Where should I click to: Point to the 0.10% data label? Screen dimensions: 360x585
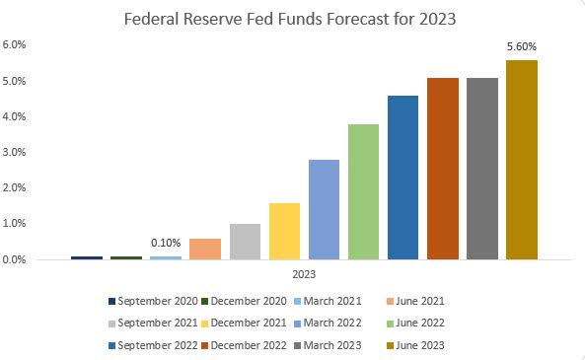(166, 244)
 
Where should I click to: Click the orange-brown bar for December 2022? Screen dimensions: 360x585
(443, 169)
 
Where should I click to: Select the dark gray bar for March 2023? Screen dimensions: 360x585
(482, 169)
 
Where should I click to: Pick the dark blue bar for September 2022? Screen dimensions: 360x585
(402, 178)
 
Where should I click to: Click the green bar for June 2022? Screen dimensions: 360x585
(363, 192)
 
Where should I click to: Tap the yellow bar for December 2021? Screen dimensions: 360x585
(284, 232)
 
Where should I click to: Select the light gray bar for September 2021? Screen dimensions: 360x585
(245, 242)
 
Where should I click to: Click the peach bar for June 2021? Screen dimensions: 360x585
(205, 249)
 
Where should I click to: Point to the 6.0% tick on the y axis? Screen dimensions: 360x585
(14, 45)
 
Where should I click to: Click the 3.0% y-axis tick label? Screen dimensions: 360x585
(14, 152)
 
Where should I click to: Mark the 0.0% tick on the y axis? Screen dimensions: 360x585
(14, 259)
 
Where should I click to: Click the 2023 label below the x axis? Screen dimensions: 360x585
(304, 275)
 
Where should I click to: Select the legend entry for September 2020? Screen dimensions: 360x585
(152, 301)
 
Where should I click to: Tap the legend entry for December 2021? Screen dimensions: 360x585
(247, 324)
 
